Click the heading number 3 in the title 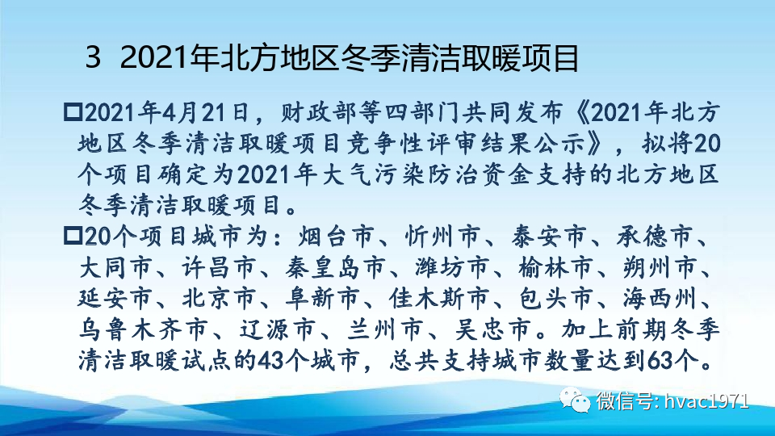pos(94,58)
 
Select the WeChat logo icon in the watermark pos(578,400)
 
